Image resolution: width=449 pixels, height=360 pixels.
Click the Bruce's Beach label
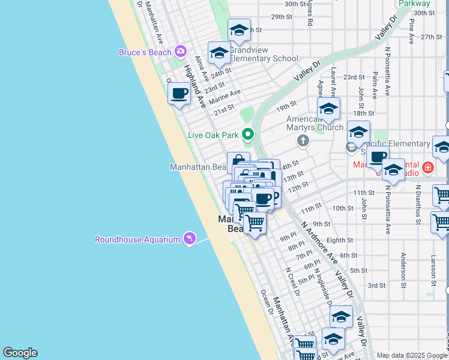pyautogui.click(x=145, y=53)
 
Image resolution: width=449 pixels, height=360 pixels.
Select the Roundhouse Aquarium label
pyautogui.click(x=137, y=240)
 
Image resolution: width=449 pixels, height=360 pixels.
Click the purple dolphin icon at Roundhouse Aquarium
pyautogui.click(x=190, y=239)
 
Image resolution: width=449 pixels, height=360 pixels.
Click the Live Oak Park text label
pyautogui.click(x=213, y=136)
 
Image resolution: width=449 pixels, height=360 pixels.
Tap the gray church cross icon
pyautogui.click(x=303, y=141)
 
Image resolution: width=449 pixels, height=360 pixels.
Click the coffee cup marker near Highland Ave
pyautogui.click(x=179, y=94)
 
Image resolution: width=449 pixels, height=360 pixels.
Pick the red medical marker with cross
pyautogui.click(x=427, y=167)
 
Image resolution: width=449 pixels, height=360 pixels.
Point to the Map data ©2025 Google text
pyautogui.click(x=412, y=355)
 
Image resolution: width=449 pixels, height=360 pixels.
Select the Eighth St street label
pyautogui.click(x=340, y=240)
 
